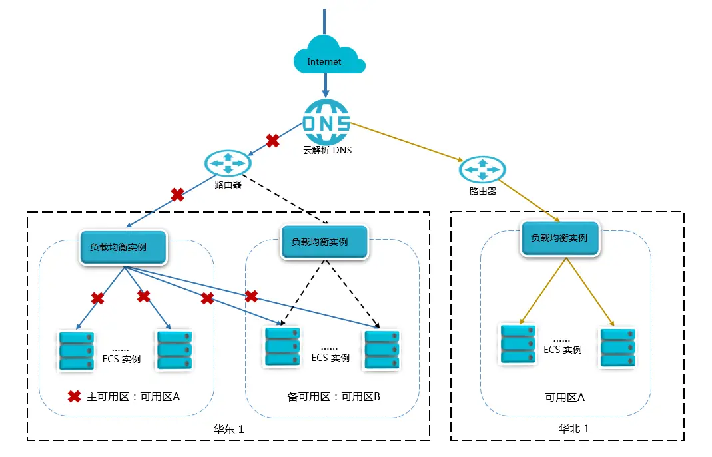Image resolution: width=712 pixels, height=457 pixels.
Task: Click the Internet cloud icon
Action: pos(329,55)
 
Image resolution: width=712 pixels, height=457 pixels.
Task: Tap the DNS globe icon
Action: pos(326,122)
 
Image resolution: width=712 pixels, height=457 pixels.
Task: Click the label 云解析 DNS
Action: pos(328,151)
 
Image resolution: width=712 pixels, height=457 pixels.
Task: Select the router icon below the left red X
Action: pos(228,163)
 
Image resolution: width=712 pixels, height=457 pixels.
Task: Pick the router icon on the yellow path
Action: pos(482,169)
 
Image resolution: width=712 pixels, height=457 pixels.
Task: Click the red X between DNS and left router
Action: pos(272,141)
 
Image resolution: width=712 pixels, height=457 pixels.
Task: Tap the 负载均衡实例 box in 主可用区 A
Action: pos(123,248)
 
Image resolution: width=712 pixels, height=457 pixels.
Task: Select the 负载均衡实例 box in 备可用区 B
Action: pos(324,242)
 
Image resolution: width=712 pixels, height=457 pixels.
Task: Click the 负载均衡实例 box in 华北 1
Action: pos(560,238)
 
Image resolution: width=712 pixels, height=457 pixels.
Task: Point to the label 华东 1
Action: pos(229,429)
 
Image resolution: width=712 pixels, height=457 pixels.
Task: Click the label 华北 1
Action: pos(574,428)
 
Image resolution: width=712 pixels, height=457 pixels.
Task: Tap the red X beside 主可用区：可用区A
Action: pos(75,396)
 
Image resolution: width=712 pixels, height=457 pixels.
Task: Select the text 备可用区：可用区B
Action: pos(334,396)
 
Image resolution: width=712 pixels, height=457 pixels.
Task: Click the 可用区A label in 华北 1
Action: pos(565,398)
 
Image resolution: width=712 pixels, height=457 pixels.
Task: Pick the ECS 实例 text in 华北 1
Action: pos(563,350)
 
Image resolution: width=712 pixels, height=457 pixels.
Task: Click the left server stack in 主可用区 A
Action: pos(77,351)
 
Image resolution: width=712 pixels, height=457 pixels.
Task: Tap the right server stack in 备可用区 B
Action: pos(382,349)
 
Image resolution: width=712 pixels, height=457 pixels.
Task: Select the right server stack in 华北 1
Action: pos(618,348)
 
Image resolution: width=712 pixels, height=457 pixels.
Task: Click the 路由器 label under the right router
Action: pos(483,191)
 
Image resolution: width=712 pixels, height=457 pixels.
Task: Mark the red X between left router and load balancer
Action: pos(178,195)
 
